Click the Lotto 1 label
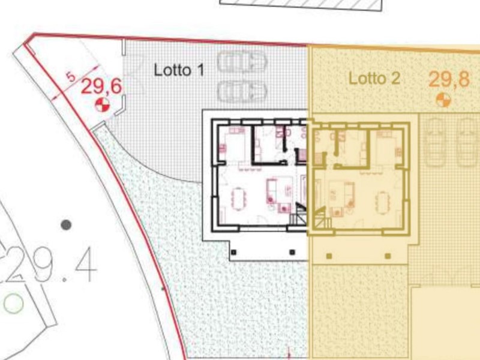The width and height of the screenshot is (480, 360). pyautogui.click(x=179, y=70)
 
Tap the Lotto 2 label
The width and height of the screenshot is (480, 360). pyautogui.click(x=374, y=78)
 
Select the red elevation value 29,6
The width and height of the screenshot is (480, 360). pyautogui.click(x=101, y=86)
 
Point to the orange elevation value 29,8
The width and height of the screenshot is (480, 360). pyautogui.click(x=449, y=79)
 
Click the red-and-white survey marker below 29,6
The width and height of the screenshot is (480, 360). pyautogui.click(x=102, y=106)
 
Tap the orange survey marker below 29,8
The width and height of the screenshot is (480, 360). pyautogui.click(x=443, y=100)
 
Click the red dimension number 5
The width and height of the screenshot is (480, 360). pyautogui.click(x=71, y=76)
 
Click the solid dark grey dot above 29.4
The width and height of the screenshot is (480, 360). pyautogui.click(x=66, y=225)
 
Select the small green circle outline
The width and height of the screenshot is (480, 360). pyautogui.click(x=13, y=304)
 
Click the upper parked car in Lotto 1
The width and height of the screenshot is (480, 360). pyautogui.click(x=242, y=62)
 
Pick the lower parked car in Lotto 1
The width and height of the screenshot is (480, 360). pyautogui.click(x=242, y=91)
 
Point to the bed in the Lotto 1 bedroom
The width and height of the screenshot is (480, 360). pyautogui.click(x=232, y=143)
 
